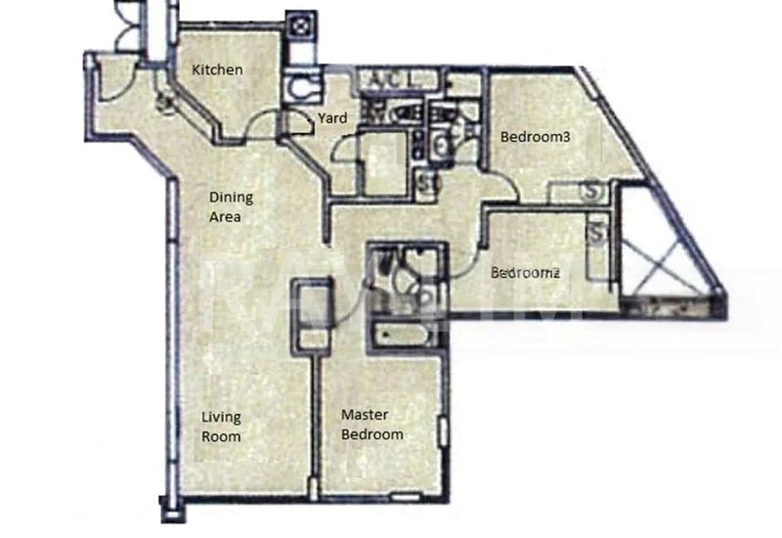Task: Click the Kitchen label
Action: coord(217,69)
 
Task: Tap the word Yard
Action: coord(332,118)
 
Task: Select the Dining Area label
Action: coord(225,207)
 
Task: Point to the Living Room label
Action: coord(221,426)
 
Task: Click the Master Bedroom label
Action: coord(371,425)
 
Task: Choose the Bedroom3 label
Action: coord(535,137)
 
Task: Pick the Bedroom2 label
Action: coord(526,273)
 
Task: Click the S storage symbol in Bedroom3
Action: coord(591,192)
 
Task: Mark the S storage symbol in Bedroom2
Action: coord(596,236)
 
